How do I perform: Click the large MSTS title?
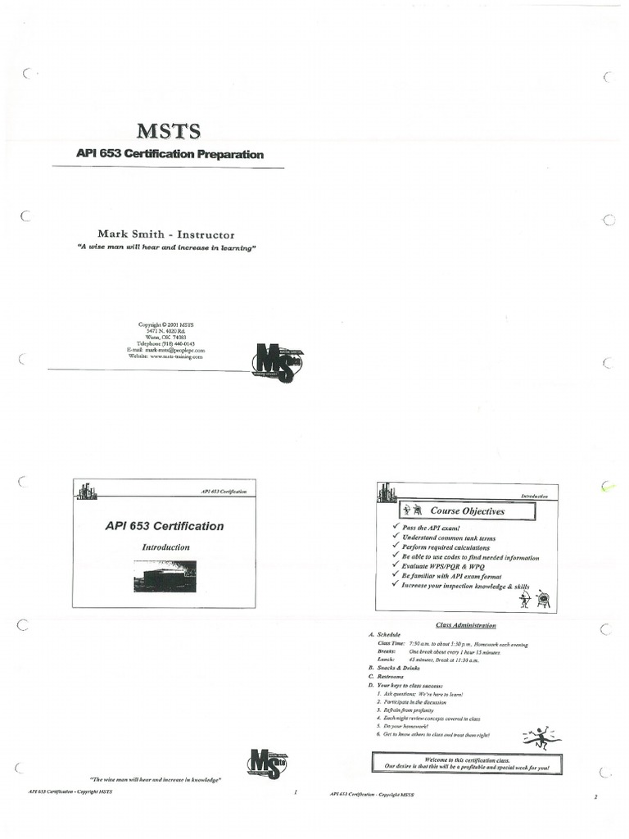[169, 131]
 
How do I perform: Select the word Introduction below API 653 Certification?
[166, 546]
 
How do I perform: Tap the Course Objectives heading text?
[468, 511]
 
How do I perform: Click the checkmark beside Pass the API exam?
[396, 528]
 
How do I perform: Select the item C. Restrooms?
[387, 677]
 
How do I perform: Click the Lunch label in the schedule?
[386, 660]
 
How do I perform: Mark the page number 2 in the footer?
[596, 796]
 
